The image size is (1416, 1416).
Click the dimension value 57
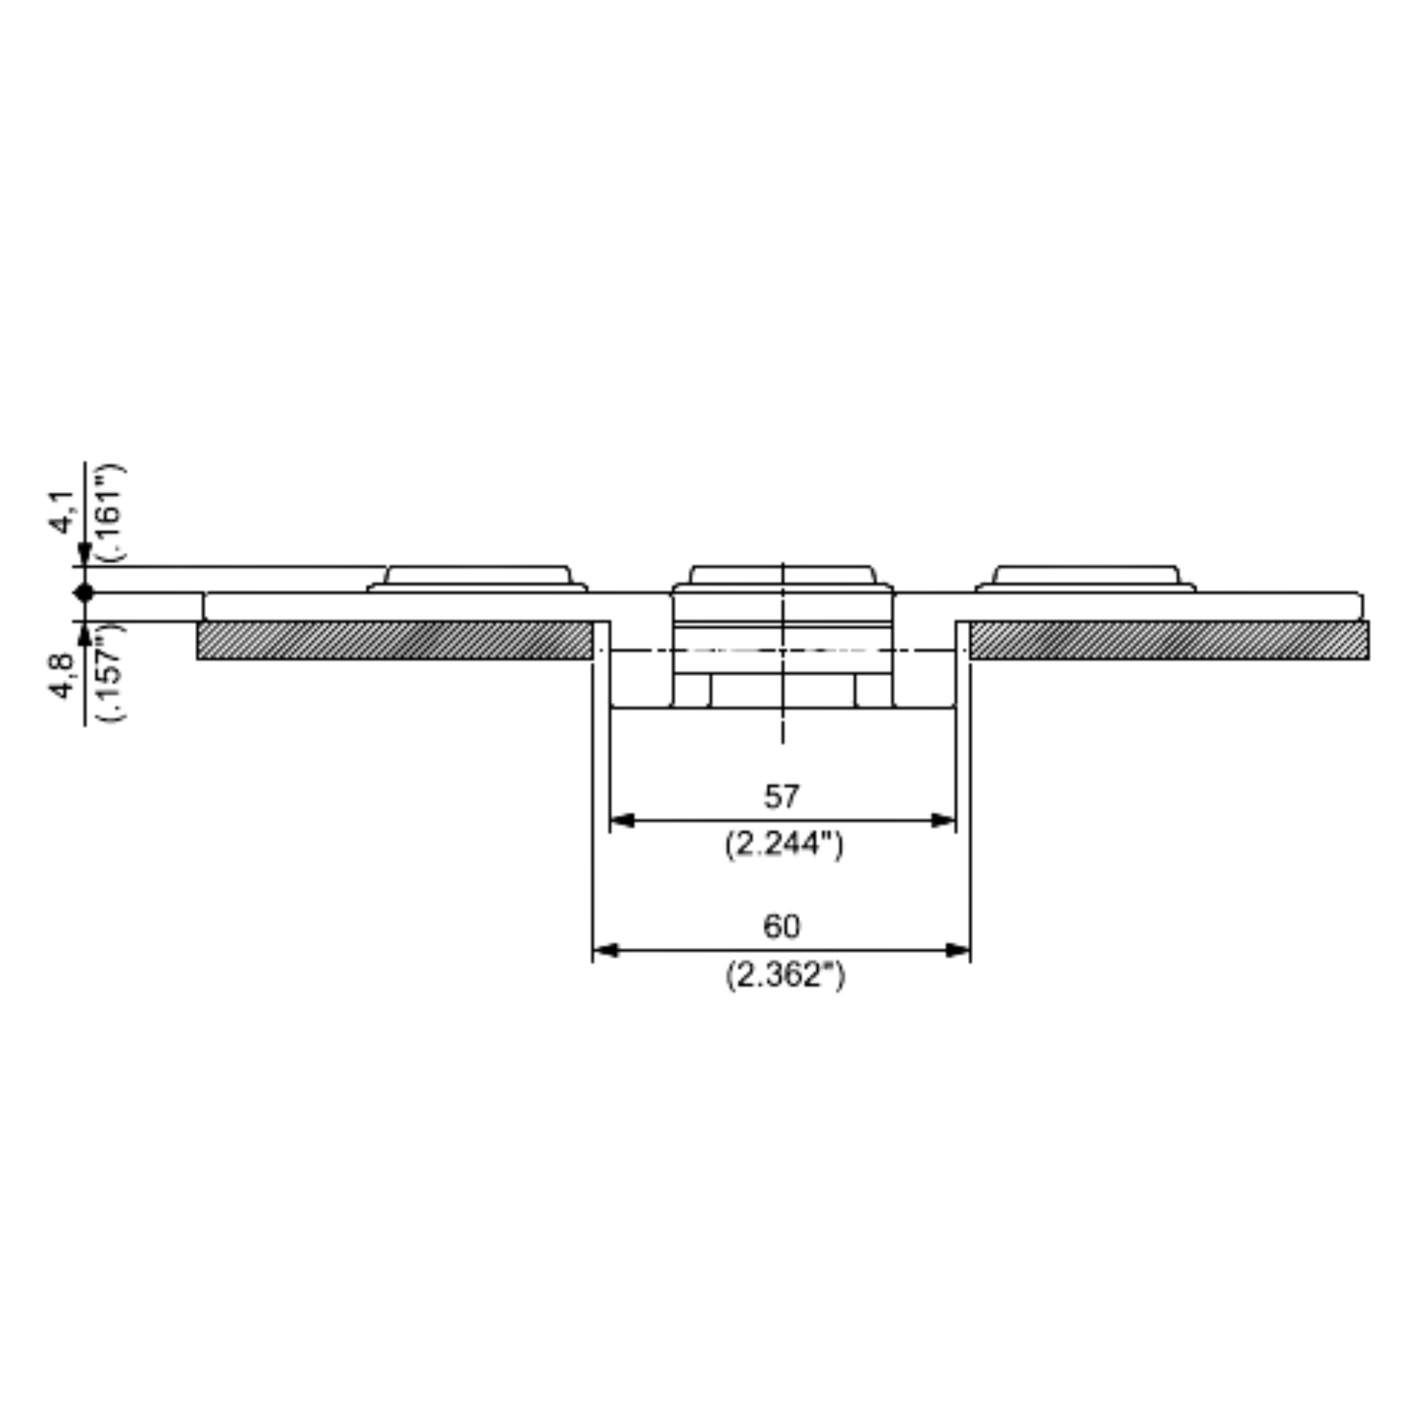pyautogui.click(x=782, y=796)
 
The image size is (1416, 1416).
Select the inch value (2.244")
pyautogui.click(x=783, y=845)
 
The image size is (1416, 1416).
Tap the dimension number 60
pyautogui.click(x=782, y=927)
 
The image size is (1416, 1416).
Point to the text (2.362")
pyautogui.click(x=785, y=976)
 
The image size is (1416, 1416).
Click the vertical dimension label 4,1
pyautogui.click(x=63, y=512)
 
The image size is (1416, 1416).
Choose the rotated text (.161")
pyautogui.click(x=111, y=513)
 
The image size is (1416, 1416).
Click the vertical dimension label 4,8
pyautogui.click(x=63, y=675)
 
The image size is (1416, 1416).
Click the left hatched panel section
pyautogui.click(x=394, y=640)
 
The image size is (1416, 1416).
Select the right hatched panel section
pyautogui.click(x=1169, y=640)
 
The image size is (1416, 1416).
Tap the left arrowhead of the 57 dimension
pyautogui.click(x=622, y=820)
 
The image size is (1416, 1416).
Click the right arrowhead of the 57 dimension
pyautogui.click(x=943, y=820)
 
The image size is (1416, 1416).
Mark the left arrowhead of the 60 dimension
pyautogui.click(x=605, y=951)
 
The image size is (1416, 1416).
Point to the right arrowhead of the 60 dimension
pyautogui.click(x=958, y=951)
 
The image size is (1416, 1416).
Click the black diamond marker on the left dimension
pyautogui.click(x=84, y=593)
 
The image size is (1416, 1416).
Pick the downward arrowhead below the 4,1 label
pyautogui.click(x=84, y=555)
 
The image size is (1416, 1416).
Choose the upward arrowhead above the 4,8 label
pyautogui.click(x=84, y=633)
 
